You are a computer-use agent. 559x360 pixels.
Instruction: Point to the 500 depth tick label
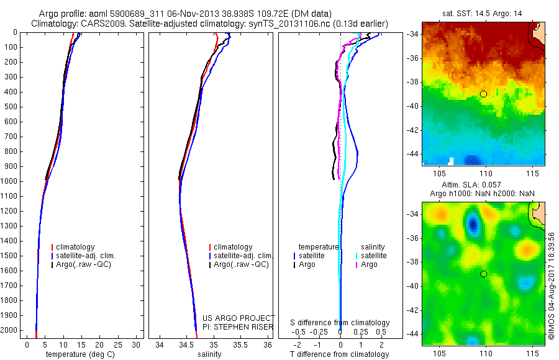click(11, 107)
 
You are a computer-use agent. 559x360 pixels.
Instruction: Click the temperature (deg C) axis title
click(79, 354)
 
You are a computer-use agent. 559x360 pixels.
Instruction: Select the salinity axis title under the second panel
click(209, 354)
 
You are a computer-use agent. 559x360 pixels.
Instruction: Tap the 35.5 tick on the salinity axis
click(240, 344)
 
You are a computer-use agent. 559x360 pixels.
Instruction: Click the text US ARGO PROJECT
click(238, 318)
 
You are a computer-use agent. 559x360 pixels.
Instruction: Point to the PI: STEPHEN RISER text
click(238, 327)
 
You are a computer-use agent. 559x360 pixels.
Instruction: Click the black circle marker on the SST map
click(483, 94)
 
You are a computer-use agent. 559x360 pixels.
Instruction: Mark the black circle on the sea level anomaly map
click(483, 274)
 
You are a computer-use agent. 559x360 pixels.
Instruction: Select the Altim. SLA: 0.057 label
click(483, 186)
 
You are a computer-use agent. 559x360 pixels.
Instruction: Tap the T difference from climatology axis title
click(339, 354)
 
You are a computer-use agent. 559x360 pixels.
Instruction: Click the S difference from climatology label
click(340, 323)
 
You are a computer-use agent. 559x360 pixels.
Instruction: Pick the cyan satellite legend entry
click(374, 256)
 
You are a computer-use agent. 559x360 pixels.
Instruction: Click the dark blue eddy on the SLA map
click(474, 224)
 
